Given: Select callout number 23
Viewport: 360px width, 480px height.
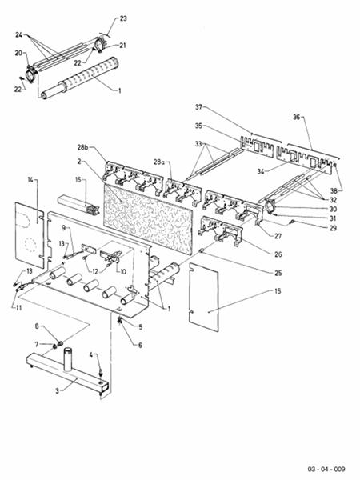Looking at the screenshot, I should point(123,18).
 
